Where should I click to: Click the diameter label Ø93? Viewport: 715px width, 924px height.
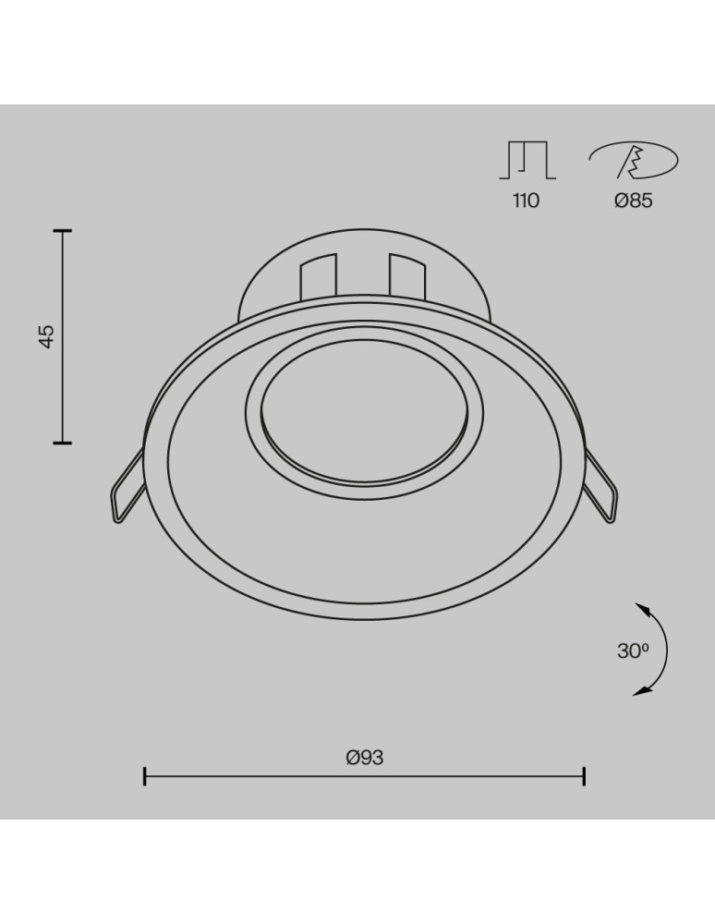(364, 758)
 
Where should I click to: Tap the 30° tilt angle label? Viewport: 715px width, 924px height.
(633, 650)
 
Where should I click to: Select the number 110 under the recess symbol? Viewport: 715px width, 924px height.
(526, 201)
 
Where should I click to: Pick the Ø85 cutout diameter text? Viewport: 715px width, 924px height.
(633, 201)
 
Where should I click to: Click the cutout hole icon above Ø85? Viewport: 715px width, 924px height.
(634, 163)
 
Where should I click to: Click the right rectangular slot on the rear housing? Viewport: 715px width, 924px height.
(406, 275)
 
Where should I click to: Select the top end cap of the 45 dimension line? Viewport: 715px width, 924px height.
(63, 230)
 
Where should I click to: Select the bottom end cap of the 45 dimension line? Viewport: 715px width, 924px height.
(63, 444)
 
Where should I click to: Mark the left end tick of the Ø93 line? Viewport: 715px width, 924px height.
(145, 776)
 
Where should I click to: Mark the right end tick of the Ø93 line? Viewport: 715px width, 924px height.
(584, 776)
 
